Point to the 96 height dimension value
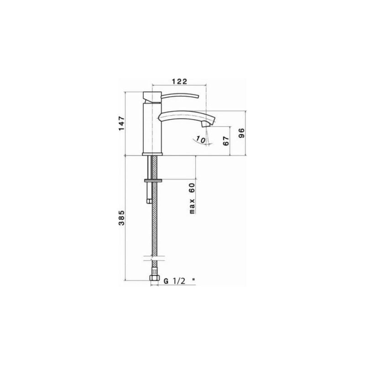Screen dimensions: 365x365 242,134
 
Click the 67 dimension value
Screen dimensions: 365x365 224,141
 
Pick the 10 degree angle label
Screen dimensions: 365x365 199,138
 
